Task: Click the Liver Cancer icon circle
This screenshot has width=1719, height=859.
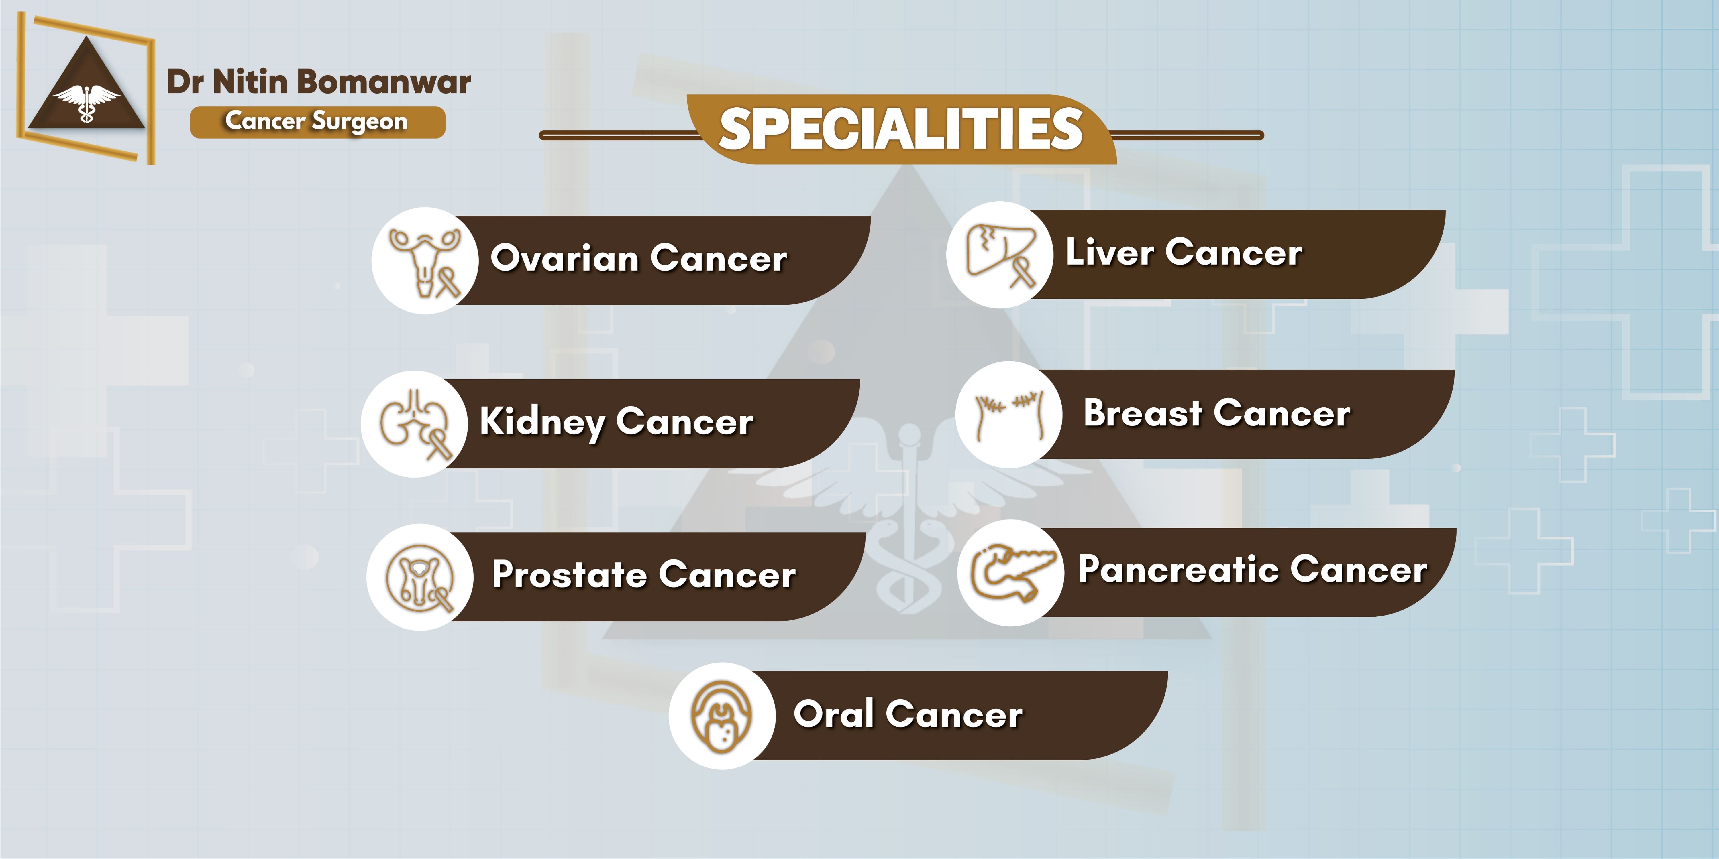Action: click(1000, 255)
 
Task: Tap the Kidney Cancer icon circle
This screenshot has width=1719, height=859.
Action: click(414, 423)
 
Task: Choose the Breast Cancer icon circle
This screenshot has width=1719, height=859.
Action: click(1009, 414)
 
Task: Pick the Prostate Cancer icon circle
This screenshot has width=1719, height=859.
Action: click(420, 577)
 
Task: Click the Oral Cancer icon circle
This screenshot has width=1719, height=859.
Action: click(722, 716)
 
